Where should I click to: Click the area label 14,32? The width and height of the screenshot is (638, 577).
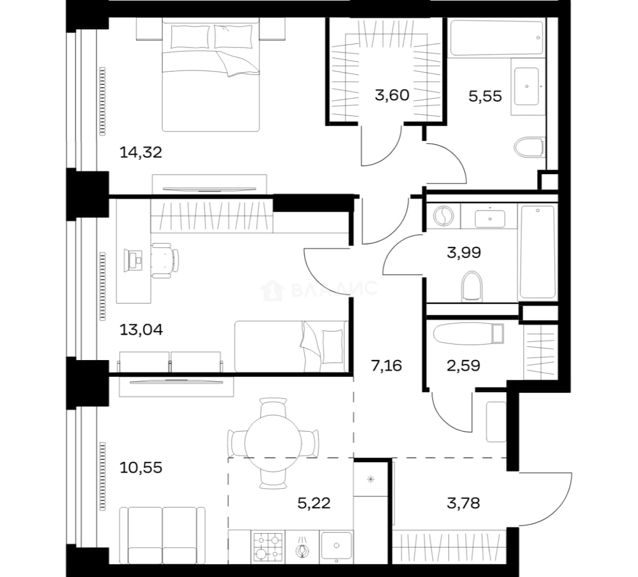[x=141, y=153]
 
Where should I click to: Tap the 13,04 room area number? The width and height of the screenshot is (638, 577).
[x=141, y=330]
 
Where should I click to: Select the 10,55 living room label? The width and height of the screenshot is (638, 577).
[x=141, y=468]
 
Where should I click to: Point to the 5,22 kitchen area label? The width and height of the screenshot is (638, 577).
[x=314, y=503]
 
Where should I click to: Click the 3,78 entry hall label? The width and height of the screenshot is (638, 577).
[x=463, y=503]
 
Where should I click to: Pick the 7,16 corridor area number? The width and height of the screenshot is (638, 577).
[x=386, y=366]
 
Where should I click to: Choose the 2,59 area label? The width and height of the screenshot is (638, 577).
[x=463, y=366]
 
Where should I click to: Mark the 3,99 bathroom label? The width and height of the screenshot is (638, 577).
[x=464, y=253]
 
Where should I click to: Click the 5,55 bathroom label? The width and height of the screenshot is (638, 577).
[x=485, y=97]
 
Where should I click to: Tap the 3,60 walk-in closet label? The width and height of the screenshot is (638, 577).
[x=392, y=95]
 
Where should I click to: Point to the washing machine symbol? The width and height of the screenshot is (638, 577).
[x=444, y=216]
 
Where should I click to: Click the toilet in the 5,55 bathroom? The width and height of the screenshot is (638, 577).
[x=529, y=147]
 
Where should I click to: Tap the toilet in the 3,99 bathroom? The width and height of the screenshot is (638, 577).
[x=472, y=286]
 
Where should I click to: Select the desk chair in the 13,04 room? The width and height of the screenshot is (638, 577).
[x=165, y=260]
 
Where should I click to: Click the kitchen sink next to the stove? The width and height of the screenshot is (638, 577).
[x=336, y=545]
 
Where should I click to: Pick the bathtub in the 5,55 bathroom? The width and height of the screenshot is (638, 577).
[x=496, y=38]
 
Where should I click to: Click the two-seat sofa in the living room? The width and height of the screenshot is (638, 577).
[x=162, y=535]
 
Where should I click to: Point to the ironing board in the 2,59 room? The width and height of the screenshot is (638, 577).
[x=469, y=334]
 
